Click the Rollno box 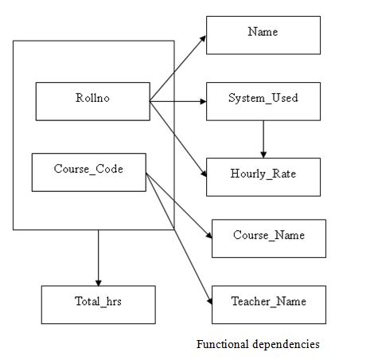(x=92, y=101)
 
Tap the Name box (x=263, y=34)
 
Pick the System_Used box (x=263, y=101)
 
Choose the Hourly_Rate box (x=263, y=177)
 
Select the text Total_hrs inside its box (x=98, y=303)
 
